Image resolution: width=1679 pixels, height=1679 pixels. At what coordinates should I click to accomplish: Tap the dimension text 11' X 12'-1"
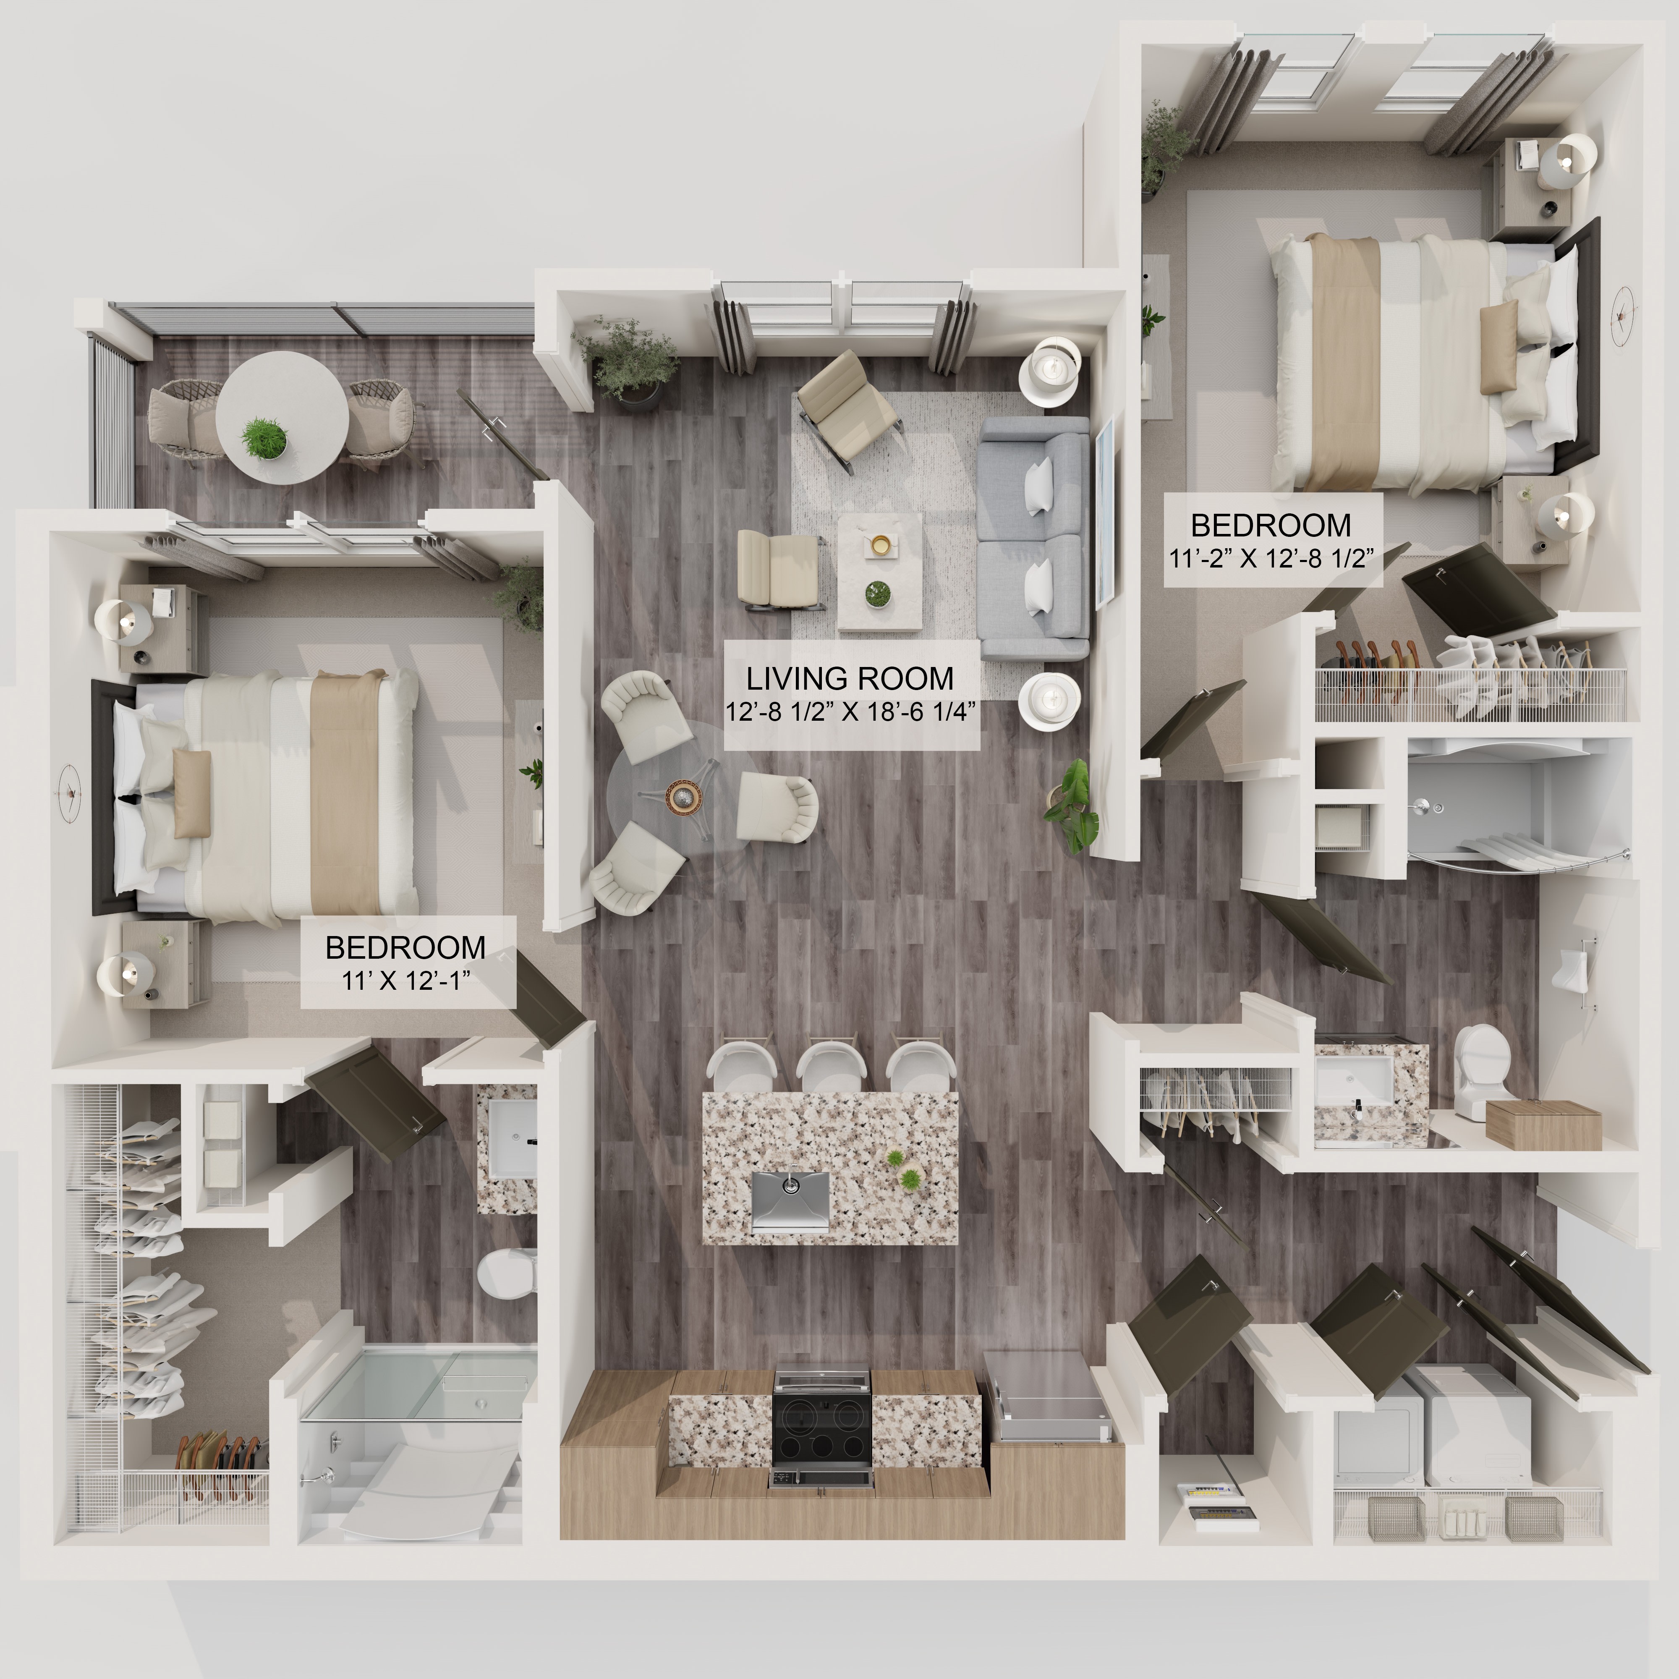(406, 980)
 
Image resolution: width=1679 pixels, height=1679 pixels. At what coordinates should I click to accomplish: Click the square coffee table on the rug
(879, 571)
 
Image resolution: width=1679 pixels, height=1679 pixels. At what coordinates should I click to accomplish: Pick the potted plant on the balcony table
(263, 437)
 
